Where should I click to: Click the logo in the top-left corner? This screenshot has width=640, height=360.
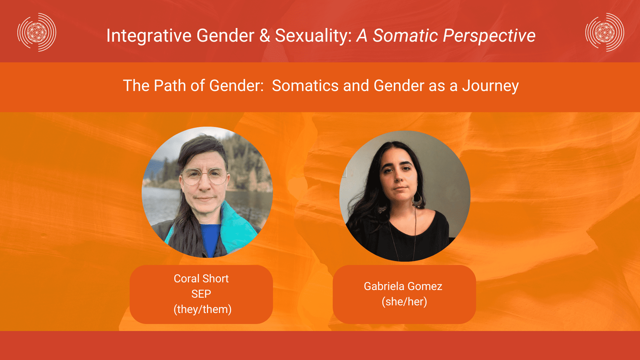[x=37, y=32]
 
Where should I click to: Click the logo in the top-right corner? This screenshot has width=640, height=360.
[x=605, y=32]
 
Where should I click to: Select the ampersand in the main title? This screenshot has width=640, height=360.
[x=265, y=36]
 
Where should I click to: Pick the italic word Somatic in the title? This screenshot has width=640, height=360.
[x=405, y=36]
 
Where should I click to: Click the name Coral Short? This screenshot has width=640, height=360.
[x=201, y=279]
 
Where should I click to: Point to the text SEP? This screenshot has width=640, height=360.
[x=201, y=294]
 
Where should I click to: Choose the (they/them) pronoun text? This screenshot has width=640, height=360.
[x=202, y=309]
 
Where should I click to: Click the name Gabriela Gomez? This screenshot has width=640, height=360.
[x=403, y=286]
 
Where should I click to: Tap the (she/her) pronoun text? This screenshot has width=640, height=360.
[x=404, y=302]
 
